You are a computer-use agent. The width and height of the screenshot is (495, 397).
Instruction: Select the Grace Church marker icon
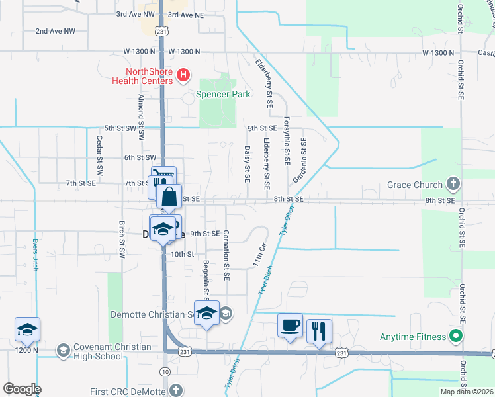(453, 181)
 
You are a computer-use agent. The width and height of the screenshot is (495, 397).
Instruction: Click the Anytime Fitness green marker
(455, 337)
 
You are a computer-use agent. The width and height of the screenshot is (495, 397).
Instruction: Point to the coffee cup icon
(290, 326)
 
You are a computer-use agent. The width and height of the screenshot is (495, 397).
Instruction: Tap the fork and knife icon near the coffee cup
(320, 330)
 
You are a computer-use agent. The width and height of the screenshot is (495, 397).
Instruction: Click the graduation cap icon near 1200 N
(27, 330)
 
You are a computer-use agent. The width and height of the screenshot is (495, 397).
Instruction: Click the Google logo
(21, 389)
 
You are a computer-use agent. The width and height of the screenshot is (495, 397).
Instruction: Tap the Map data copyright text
(467, 392)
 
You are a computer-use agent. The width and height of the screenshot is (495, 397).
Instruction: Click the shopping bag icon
(169, 197)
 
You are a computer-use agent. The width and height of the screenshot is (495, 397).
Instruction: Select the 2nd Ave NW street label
(56, 31)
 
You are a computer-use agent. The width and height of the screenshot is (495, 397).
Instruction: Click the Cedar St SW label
(99, 155)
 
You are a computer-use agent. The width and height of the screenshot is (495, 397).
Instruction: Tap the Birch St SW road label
(122, 240)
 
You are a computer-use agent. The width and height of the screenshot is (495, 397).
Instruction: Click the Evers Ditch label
(35, 255)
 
